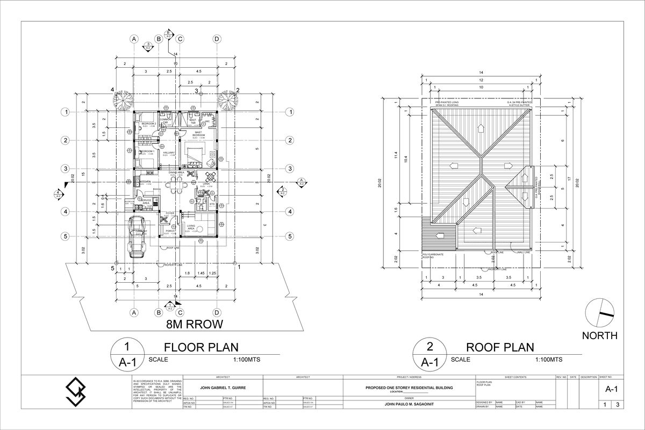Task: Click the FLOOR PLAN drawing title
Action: pyautogui.click(x=200, y=347)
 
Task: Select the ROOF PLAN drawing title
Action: pyautogui.click(x=500, y=347)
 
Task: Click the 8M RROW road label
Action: pyautogui.click(x=194, y=324)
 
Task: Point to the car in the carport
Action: pyautogui.click(x=139, y=236)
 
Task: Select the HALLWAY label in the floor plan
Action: pyautogui.click(x=169, y=153)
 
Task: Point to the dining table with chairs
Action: pyautogui.click(x=176, y=185)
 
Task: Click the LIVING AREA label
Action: pyautogui.click(x=191, y=227)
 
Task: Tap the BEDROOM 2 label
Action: pyautogui.click(x=148, y=124)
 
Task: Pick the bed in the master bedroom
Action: pyautogui.click(x=193, y=153)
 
